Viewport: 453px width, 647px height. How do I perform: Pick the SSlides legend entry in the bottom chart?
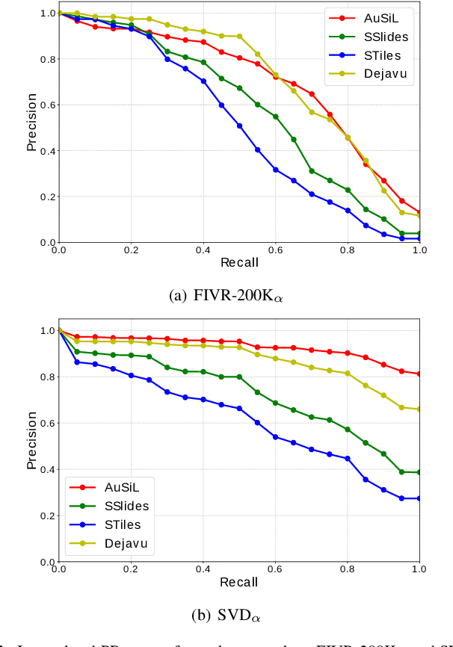point(124,506)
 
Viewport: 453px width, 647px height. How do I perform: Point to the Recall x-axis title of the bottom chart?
point(239,581)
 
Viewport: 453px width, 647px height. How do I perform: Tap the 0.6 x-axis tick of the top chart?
point(275,251)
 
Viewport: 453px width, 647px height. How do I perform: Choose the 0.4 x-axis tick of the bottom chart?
point(203,569)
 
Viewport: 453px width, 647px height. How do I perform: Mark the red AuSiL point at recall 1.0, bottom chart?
point(419,374)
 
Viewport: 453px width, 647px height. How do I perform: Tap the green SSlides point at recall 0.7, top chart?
point(312,171)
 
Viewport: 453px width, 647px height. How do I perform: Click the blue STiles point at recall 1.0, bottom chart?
point(419,498)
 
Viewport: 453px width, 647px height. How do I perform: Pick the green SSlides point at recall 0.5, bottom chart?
point(239,377)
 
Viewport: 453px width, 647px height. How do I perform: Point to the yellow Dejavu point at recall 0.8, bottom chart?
point(348,374)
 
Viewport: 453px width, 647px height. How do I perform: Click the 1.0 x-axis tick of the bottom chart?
point(419,569)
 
